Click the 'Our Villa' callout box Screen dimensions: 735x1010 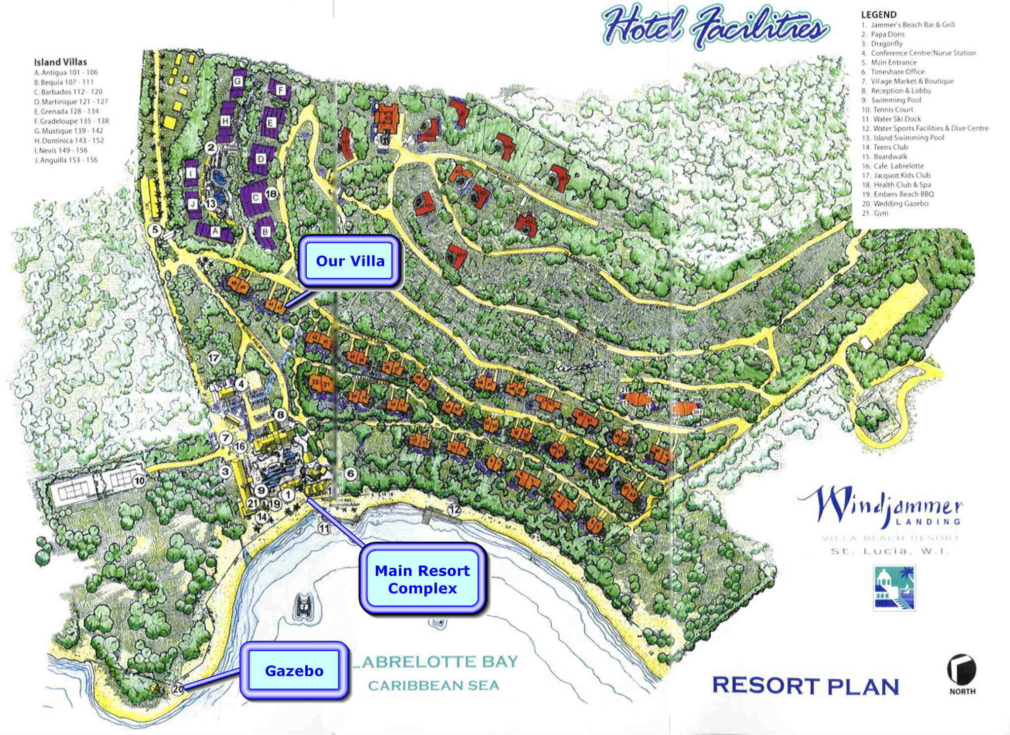[350, 261]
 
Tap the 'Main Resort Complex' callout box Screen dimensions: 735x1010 [422, 579]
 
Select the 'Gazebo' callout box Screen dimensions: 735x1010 [294, 671]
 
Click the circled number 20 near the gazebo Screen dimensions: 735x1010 [178, 689]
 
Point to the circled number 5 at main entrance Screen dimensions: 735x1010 [156, 229]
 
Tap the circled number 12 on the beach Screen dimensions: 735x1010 [454, 510]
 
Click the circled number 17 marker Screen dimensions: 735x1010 [214, 358]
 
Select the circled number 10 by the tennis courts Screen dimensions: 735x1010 [139, 480]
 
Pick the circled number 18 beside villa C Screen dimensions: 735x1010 [271, 194]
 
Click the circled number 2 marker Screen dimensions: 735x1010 [211, 147]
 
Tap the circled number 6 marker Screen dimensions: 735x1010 [351, 474]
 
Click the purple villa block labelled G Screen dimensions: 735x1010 [238, 80]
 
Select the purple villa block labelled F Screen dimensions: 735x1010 [281, 90]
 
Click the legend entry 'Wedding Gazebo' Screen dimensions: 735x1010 [901, 204]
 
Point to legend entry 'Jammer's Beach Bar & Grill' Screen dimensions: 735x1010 [912, 25]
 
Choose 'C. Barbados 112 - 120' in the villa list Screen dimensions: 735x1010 [69, 92]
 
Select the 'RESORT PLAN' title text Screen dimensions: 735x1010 [805, 686]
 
